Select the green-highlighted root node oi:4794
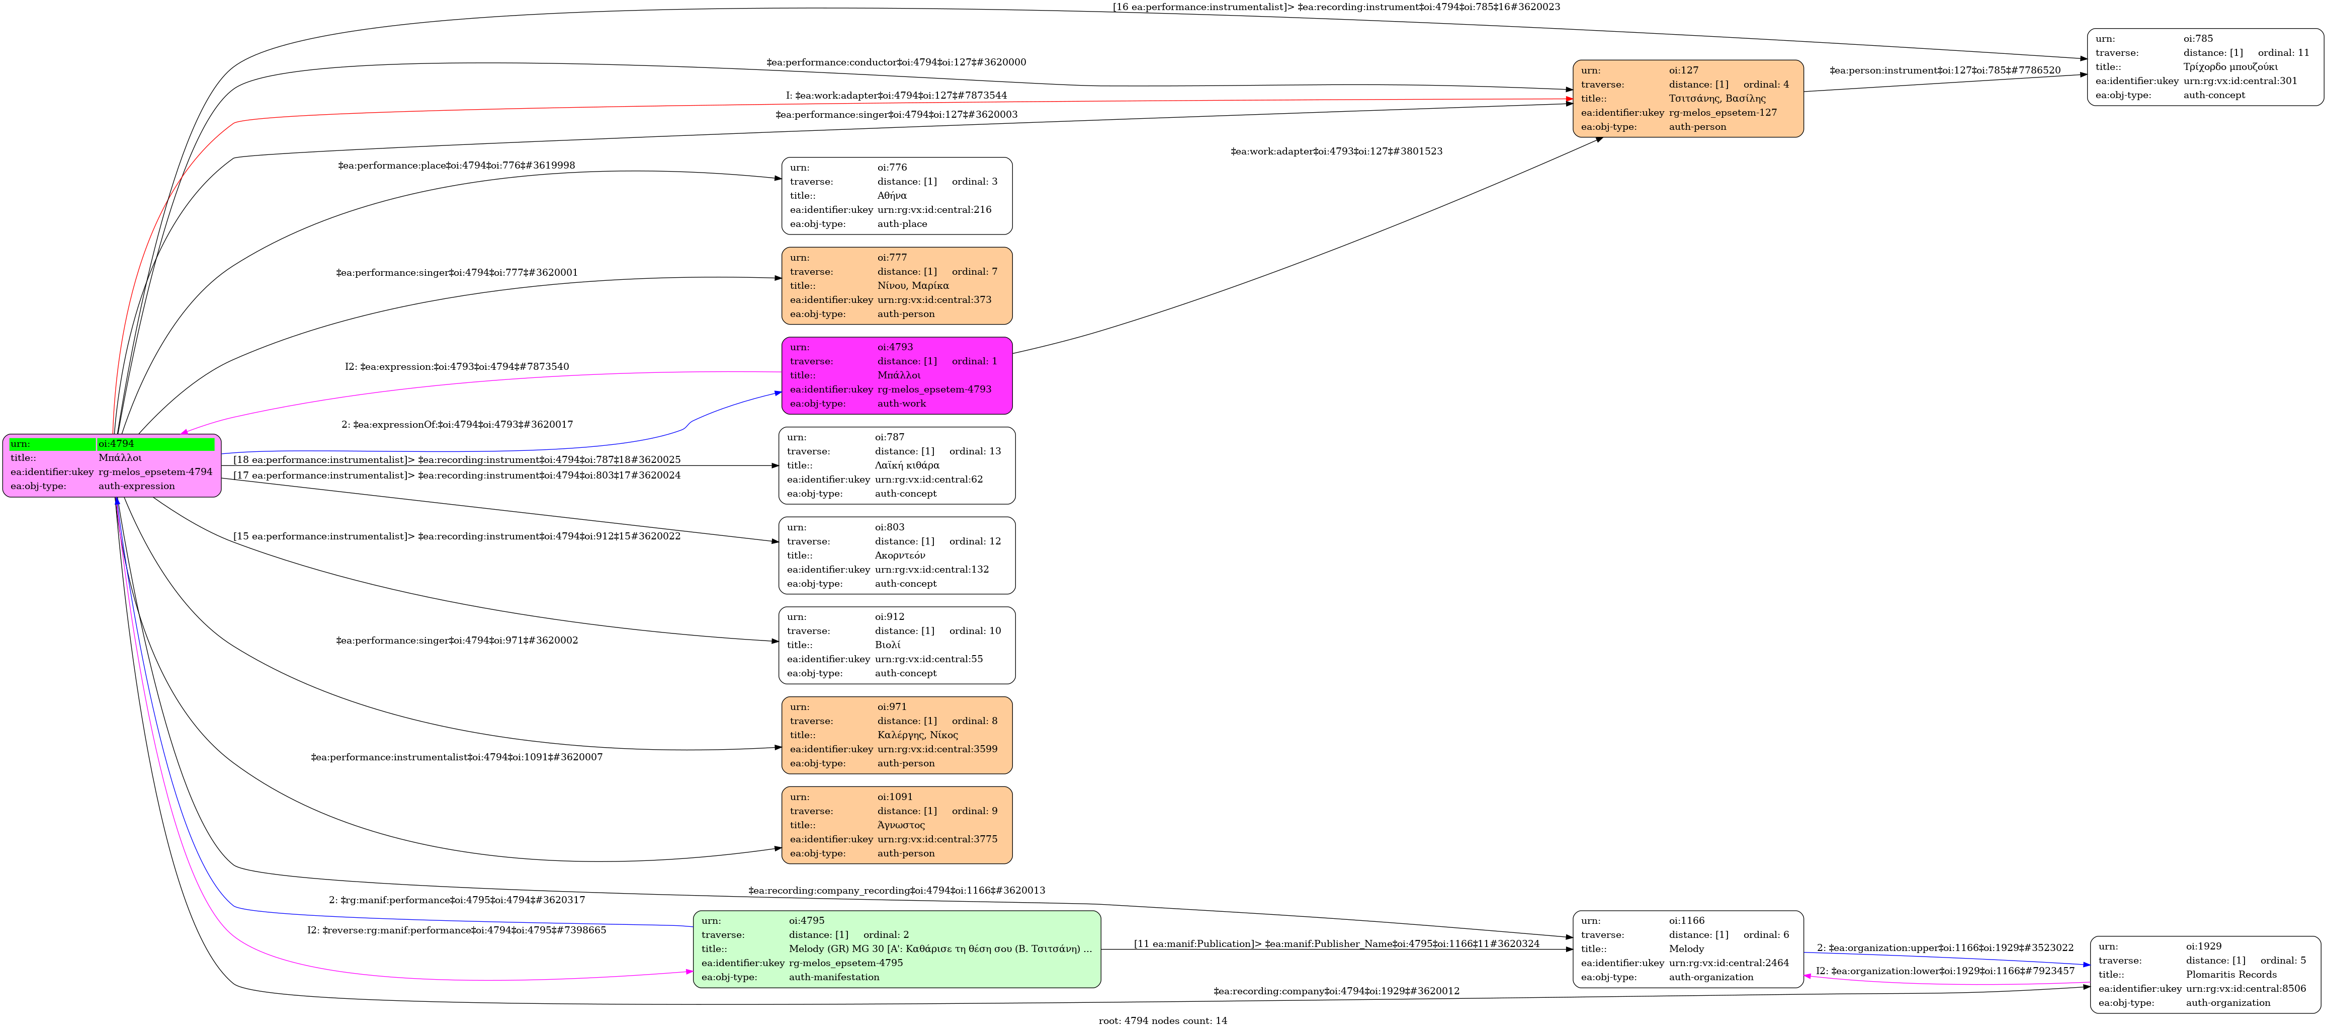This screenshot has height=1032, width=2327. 112,464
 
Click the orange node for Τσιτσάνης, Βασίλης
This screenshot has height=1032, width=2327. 1687,99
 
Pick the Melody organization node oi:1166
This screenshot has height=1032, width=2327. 1687,949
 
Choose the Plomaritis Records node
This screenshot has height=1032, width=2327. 2205,974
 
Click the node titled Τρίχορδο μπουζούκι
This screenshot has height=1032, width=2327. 2205,67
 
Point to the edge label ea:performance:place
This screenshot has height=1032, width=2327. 456,166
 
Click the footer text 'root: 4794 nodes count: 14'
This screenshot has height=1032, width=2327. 1163,1021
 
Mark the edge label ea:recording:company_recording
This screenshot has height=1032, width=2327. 896,890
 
